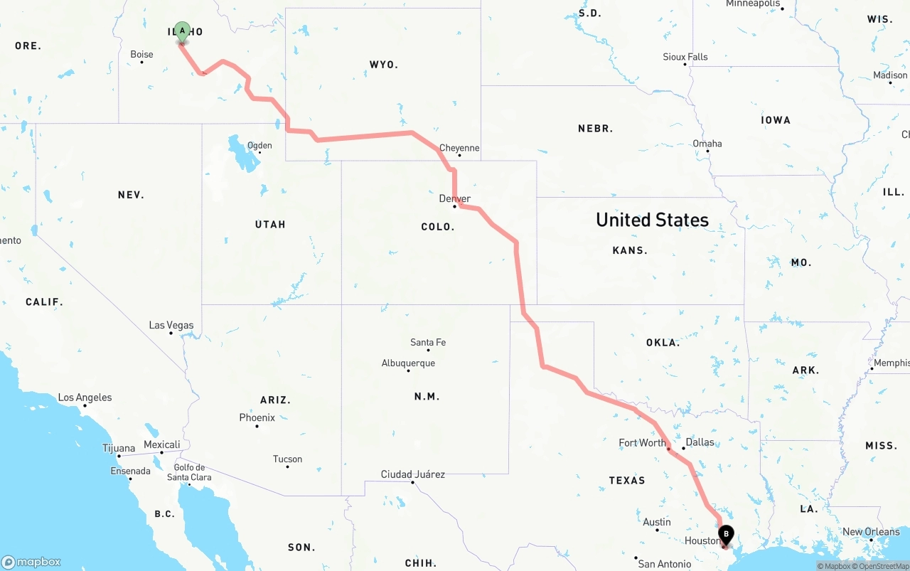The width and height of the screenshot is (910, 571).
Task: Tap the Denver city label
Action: tap(455, 198)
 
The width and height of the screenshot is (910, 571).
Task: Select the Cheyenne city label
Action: tap(459, 148)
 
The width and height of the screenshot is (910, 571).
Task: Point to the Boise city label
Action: tap(141, 54)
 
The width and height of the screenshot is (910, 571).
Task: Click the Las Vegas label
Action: tap(171, 325)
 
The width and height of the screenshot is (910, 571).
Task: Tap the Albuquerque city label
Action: tap(408, 363)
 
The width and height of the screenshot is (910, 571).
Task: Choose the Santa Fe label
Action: tap(428, 342)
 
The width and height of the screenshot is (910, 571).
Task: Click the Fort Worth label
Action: tap(642, 442)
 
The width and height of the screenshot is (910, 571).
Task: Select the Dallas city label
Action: tap(700, 442)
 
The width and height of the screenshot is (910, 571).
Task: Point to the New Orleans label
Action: tap(871, 531)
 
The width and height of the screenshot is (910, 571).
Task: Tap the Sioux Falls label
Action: tap(685, 56)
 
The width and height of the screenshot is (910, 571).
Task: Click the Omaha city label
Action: tap(707, 143)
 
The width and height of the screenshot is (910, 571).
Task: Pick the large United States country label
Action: tap(652, 220)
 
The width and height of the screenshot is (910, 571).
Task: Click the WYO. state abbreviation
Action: tap(383, 65)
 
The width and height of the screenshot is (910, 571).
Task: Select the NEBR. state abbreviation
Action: tap(595, 129)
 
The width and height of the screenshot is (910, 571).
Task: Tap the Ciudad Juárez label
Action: tap(413, 474)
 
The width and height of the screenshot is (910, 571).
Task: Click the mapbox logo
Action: tap(31, 562)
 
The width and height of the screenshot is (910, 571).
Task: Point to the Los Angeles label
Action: tap(85, 397)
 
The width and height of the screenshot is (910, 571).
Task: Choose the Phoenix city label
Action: tap(257, 417)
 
